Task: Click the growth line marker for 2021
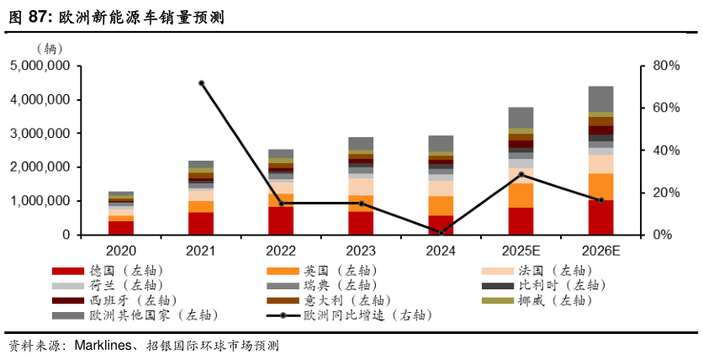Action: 202,83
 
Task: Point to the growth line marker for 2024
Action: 441,232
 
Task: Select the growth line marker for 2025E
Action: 521,175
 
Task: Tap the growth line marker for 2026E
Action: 600,200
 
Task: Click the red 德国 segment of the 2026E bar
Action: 600,217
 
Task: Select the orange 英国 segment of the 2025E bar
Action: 521,195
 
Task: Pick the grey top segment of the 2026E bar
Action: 600,98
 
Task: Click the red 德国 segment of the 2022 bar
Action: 282,220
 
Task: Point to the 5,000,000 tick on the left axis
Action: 40,66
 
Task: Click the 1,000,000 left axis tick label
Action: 40,201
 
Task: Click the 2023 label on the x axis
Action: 361,250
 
